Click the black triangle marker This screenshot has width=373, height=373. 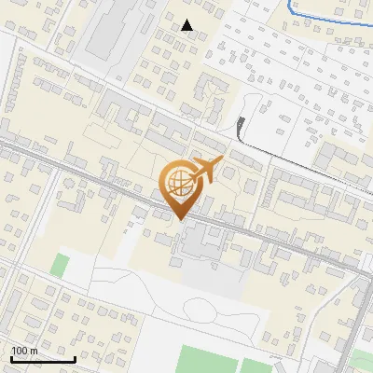click(187, 25)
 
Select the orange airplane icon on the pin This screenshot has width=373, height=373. click(206, 171)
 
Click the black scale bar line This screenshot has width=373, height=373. click(43, 359)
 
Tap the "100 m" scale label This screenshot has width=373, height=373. click(25, 351)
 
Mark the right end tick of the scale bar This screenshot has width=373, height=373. click(75, 357)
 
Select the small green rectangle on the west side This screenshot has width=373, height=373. click(60, 264)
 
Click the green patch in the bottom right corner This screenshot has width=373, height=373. click(362, 362)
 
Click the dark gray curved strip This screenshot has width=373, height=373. click(242, 126)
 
